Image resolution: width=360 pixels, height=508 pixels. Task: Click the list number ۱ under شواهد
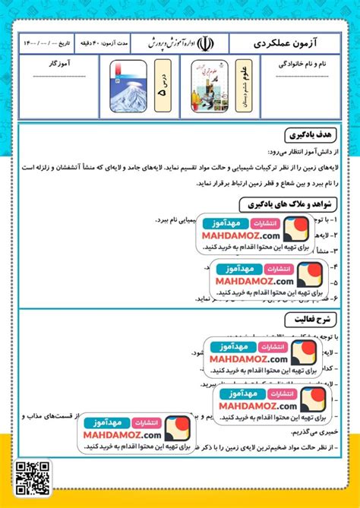pyautogui.click(x=339, y=220)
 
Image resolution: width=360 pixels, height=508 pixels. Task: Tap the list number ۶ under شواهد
pyautogui.click(x=339, y=299)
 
